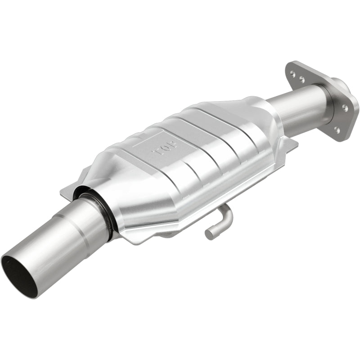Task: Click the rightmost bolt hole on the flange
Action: coord(345,108)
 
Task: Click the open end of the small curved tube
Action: coord(209,234)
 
